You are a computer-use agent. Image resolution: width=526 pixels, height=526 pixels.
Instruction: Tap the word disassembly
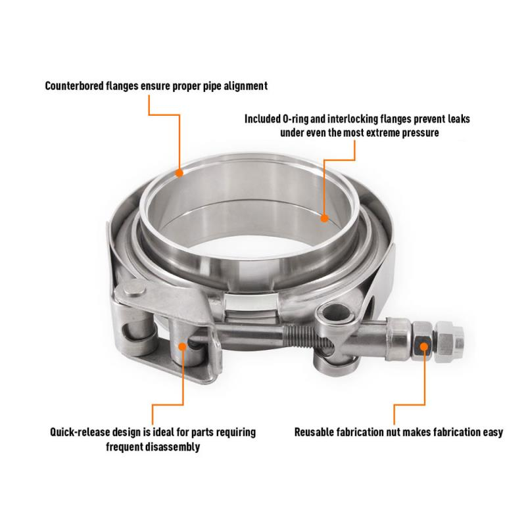(172, 447)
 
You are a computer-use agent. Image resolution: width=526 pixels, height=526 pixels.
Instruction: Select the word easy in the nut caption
(492, 433)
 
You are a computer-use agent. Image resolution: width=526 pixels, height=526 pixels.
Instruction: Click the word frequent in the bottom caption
(127, 447)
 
